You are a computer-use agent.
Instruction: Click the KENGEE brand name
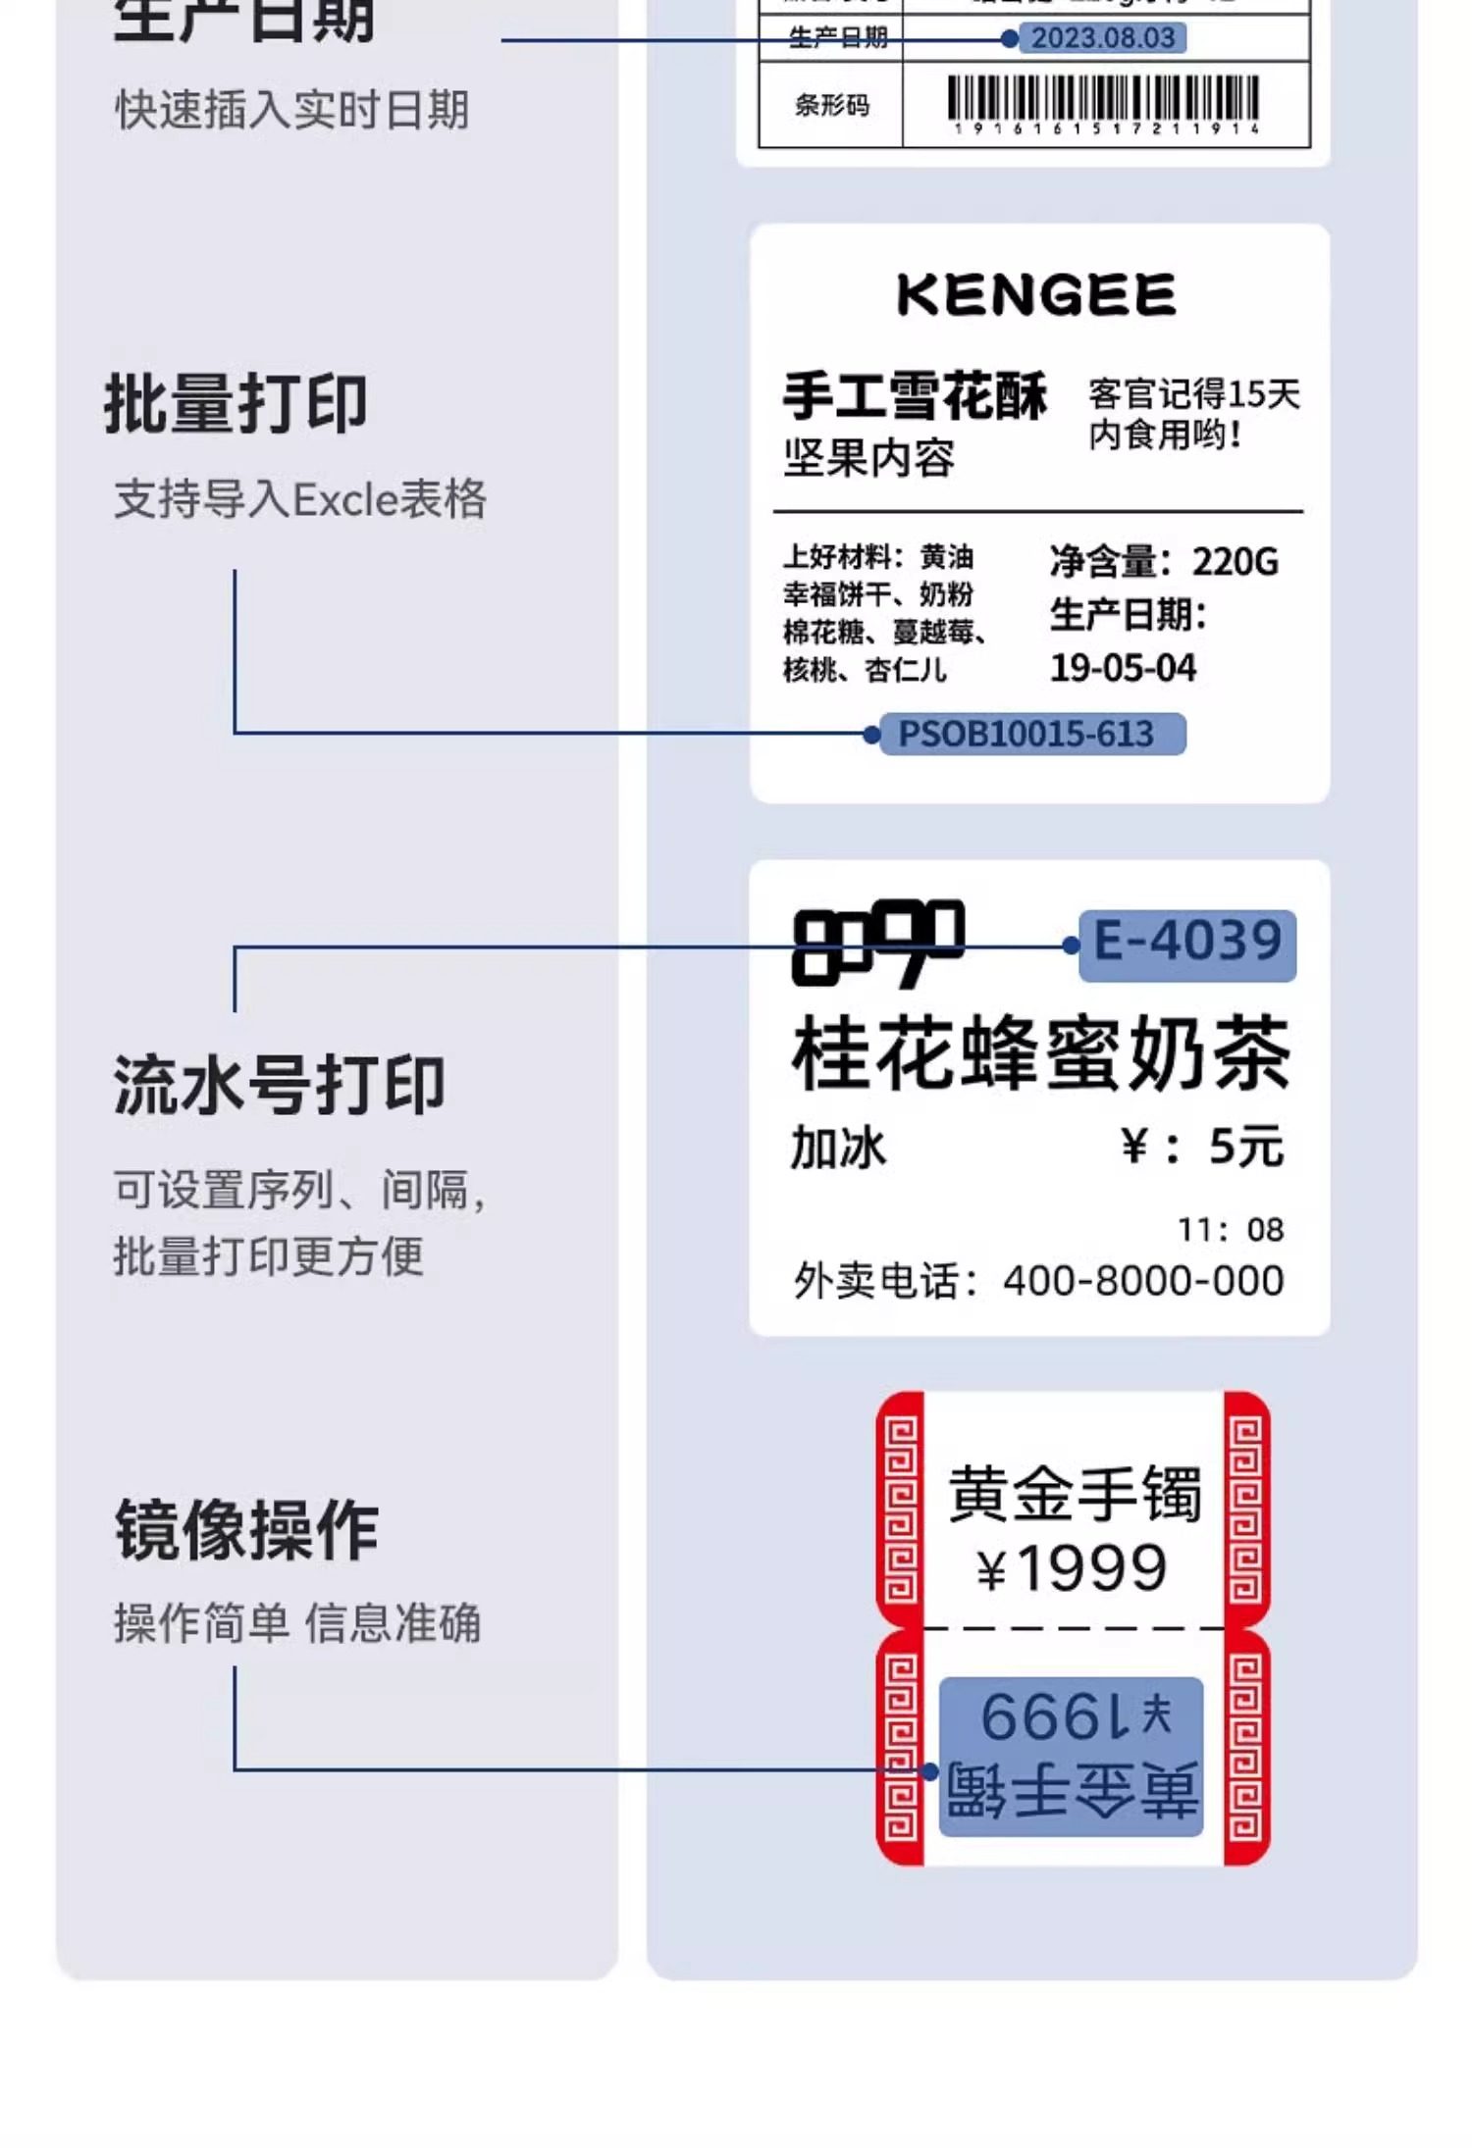tap(1036, 295)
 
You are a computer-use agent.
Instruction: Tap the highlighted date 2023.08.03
tap(1102, 38)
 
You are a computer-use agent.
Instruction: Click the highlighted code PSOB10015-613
tap(1026, 734)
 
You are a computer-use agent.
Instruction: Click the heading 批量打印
tap(237, 404)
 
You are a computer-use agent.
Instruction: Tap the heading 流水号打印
tap(280, 1086)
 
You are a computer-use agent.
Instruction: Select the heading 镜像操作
tap(246, 1529)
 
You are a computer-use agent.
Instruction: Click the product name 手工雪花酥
tap(915, 396)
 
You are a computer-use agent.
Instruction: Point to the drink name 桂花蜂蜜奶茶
tap(1040, 1054)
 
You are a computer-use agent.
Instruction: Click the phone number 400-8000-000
tap(1143, 1281)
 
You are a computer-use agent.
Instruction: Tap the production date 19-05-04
tap(1124, 669)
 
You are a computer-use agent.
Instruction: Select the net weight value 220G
tap(1235, 562)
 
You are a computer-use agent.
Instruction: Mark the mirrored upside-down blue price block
tap(1072, 1757)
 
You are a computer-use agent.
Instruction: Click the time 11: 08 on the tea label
tap(1231, 1230)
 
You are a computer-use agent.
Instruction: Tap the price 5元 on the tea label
tap(1246, 1147)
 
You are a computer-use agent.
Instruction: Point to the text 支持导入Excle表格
tap(300, 499)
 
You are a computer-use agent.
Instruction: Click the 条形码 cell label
tap(831, 105)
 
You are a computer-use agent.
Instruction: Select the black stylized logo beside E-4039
tap(877, 943)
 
